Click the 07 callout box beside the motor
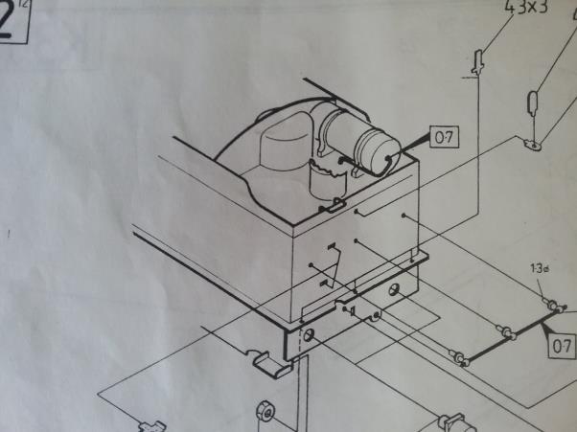[x=443, y=138]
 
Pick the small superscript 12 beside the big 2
[x=35, y=7]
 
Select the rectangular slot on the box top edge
[x=332, y=204]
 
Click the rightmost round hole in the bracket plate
[x=394, y=287]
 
